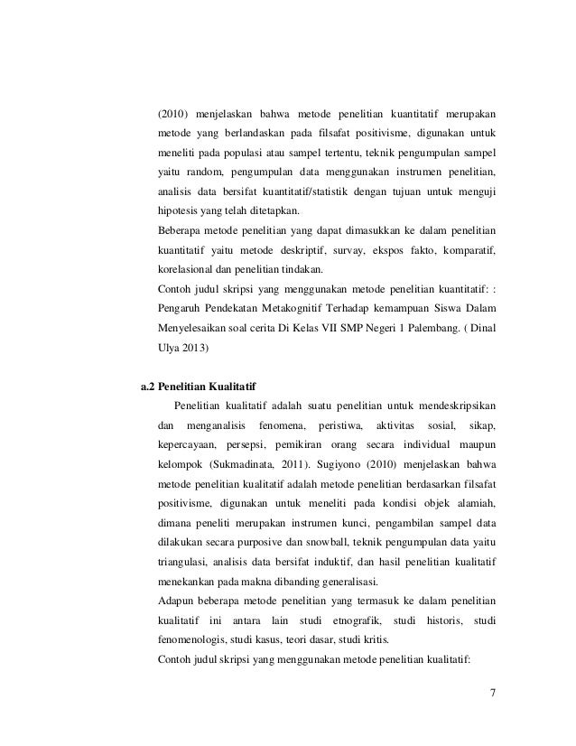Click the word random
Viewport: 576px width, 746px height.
tap(200, 170)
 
